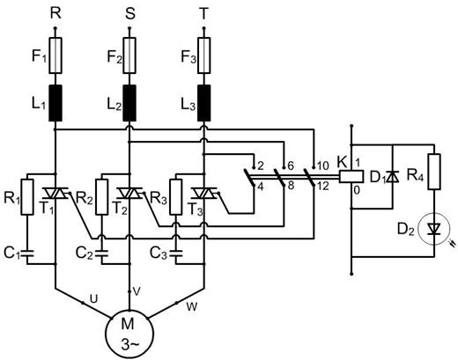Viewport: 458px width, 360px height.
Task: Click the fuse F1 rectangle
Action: click(55, 55)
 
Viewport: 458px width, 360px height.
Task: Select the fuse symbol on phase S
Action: click(129, 55)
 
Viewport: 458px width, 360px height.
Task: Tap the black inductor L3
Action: click(203, 103)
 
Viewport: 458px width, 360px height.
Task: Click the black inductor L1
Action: click(55, 103)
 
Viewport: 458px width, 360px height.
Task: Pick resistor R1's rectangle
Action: click(27, 197)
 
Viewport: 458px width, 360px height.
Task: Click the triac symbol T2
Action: click(129, 193)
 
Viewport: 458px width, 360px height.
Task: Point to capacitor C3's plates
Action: click(176, 253)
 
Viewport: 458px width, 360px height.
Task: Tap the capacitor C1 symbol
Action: click(27, 253)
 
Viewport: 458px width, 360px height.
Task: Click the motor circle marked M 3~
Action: click(129, 334)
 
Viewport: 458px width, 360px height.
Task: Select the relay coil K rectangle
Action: click(351, 176)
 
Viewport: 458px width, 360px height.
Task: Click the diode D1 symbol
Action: click(393, 177)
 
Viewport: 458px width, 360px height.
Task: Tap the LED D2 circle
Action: click(434, 229)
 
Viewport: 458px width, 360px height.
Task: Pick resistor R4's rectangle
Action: click(434, 172)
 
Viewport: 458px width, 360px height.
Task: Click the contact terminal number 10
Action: click(323, 166)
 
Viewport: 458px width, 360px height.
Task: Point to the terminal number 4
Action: click(261, 187)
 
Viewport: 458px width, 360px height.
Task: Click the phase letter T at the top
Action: click(203, 13)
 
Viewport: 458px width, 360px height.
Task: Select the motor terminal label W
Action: click(192, 307)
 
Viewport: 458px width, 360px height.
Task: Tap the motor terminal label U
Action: click(93, 299)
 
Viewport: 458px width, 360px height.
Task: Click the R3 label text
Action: click(159, 198)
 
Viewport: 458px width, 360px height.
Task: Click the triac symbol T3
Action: click(203, 193)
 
